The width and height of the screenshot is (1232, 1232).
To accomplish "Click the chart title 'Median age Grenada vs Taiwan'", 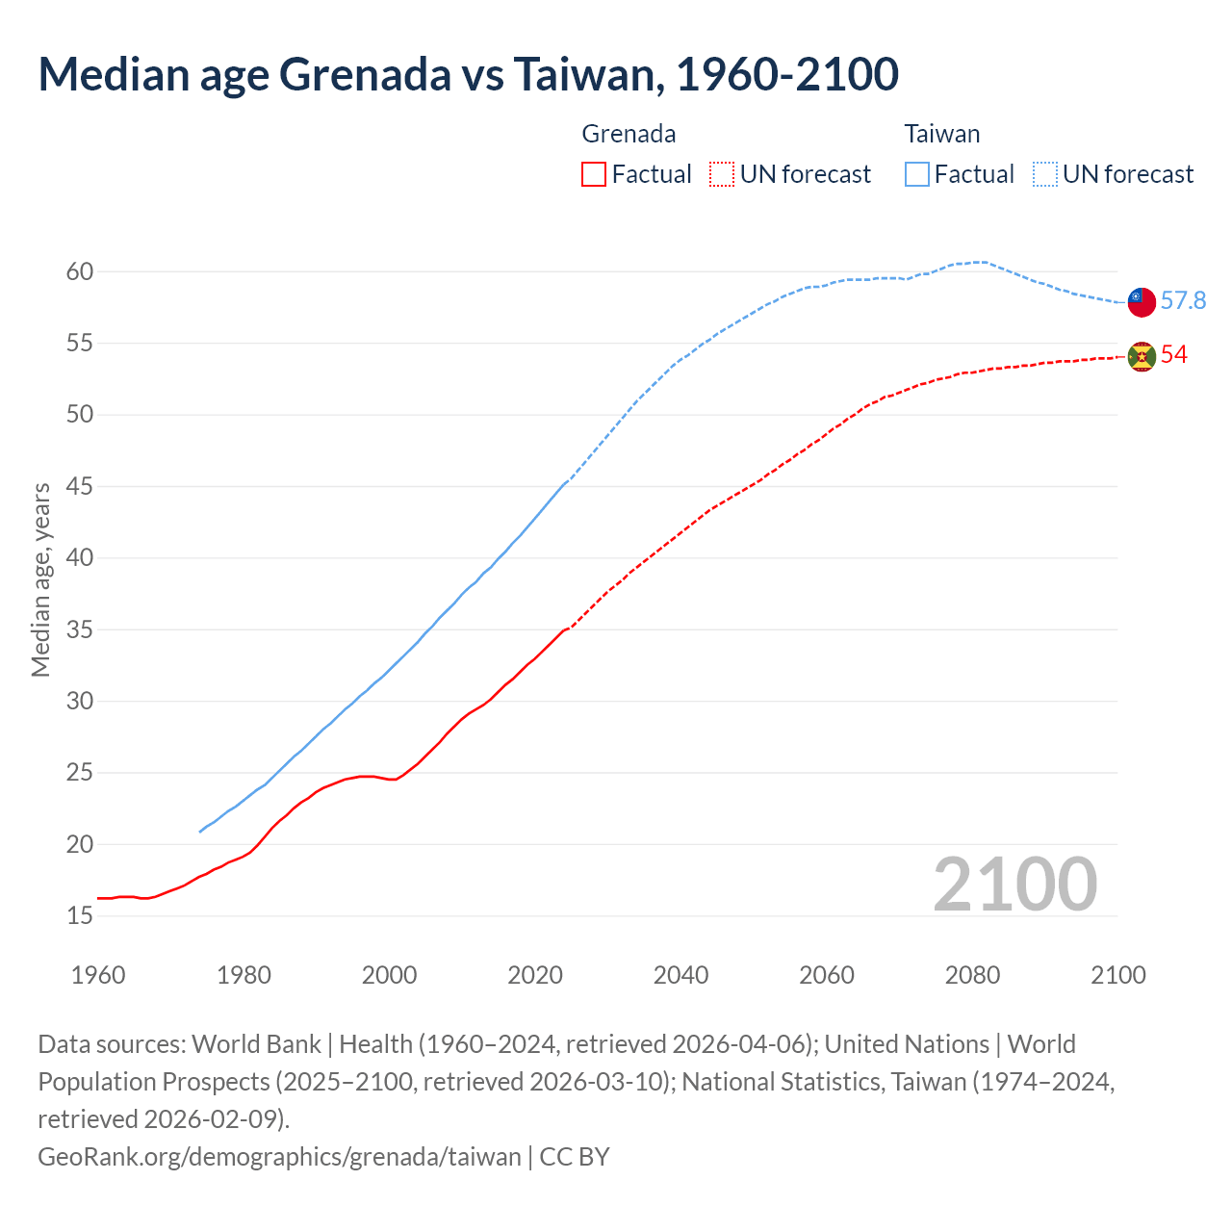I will tap(468, 74).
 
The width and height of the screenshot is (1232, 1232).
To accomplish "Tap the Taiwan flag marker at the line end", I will tap(1142, 301).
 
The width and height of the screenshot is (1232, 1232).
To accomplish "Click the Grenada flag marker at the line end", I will tap(1142, 356).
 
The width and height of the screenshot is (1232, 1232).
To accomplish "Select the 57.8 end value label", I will tap(1183, 301).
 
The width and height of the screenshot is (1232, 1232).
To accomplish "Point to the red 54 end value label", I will tap(1174, 355).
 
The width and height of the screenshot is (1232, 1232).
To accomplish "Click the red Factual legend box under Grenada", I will tap(594, 174).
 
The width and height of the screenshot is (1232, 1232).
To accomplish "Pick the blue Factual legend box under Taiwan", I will tap(916, 174).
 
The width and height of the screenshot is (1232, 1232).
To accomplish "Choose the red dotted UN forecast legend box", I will tap(722, 174).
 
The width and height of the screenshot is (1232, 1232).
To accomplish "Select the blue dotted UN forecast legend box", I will tap(1044, 174).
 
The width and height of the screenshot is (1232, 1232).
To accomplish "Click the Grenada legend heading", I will tap(629, 134).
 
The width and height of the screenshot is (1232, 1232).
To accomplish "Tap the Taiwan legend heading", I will tap(941, 134).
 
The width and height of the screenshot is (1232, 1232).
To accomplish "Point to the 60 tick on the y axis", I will tap(80, 272).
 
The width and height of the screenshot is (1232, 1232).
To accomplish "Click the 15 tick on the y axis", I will tap(80, 916).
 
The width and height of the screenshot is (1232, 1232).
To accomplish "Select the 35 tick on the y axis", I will tap(80, 630).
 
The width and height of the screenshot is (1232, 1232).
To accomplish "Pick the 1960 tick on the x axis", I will tap(98, 975).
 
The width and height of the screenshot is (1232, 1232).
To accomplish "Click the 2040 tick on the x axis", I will tap(680, 975).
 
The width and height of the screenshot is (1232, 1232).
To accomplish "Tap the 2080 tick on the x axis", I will tap(972, 975).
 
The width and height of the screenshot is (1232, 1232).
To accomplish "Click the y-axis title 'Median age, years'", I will tap(40, 580).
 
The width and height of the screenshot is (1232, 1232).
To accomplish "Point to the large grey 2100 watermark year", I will tap(1014, 885).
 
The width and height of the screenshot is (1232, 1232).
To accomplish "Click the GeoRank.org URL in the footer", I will tap(279, 1156).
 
